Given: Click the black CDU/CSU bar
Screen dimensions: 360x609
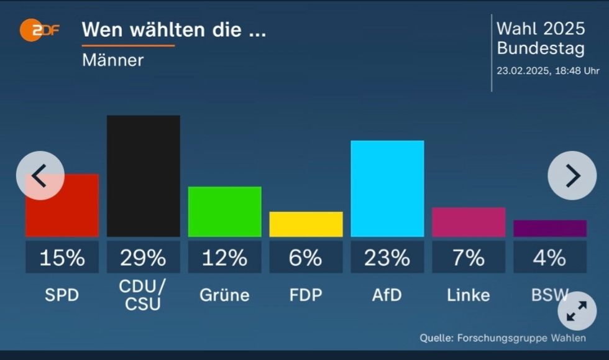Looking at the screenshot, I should coord(143,176).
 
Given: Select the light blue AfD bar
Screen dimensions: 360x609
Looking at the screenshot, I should coord(387,188).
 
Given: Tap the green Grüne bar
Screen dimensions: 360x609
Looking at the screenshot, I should coord(224,211).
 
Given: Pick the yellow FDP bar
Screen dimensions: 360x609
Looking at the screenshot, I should coord(306,224).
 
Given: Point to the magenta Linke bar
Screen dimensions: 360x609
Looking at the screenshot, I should coord(469,222).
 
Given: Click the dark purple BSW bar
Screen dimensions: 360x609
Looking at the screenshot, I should coord(550,228).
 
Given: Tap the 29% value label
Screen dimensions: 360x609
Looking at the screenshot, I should coord(143,257).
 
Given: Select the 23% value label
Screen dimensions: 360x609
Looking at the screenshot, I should coord(387,257).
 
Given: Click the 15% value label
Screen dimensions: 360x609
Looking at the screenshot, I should coord(62,257).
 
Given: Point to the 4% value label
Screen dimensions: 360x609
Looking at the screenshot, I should coord(550,257).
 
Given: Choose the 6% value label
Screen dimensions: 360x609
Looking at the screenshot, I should coord(306,257).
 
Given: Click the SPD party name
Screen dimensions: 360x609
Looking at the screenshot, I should coord(62,295).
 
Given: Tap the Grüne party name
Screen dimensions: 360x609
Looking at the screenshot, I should coord(224,295).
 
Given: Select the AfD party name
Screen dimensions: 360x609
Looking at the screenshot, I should coord(387,295).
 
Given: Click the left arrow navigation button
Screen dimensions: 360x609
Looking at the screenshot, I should coord(40,176).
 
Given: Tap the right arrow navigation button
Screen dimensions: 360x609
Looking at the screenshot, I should coord(572,176).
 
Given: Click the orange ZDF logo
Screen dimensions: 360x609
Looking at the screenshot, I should coord(39,30).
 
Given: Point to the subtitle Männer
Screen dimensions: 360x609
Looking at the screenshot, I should coord(112,60).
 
